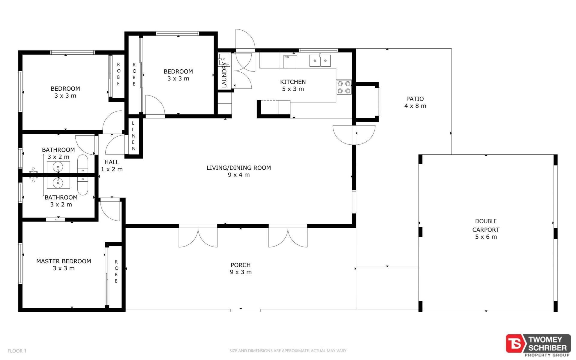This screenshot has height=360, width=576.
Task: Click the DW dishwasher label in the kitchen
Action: point(287,57)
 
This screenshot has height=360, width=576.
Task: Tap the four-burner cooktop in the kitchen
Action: point(344,87)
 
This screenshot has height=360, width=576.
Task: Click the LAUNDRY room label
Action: point(224,75)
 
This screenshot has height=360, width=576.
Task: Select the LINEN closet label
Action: point(133,136)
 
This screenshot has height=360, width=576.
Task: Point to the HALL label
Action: point(112,162)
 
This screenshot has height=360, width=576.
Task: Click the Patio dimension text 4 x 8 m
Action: point(415,106)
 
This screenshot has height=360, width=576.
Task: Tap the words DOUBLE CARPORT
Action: point(486,225)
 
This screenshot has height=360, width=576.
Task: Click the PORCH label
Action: point(241,265)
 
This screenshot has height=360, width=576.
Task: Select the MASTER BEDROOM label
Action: point(64,261)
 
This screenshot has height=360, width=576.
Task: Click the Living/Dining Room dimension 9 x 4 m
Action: point(239,175)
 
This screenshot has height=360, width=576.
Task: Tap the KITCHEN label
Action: point(293,82)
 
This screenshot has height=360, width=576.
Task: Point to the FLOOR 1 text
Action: point(17,351)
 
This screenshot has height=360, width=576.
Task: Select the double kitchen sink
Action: point(320,61)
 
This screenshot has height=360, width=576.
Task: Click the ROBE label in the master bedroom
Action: point(116,271)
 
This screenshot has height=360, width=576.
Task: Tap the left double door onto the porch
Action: point(198,236)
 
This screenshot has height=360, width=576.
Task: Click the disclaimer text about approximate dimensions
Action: point(288,351)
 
